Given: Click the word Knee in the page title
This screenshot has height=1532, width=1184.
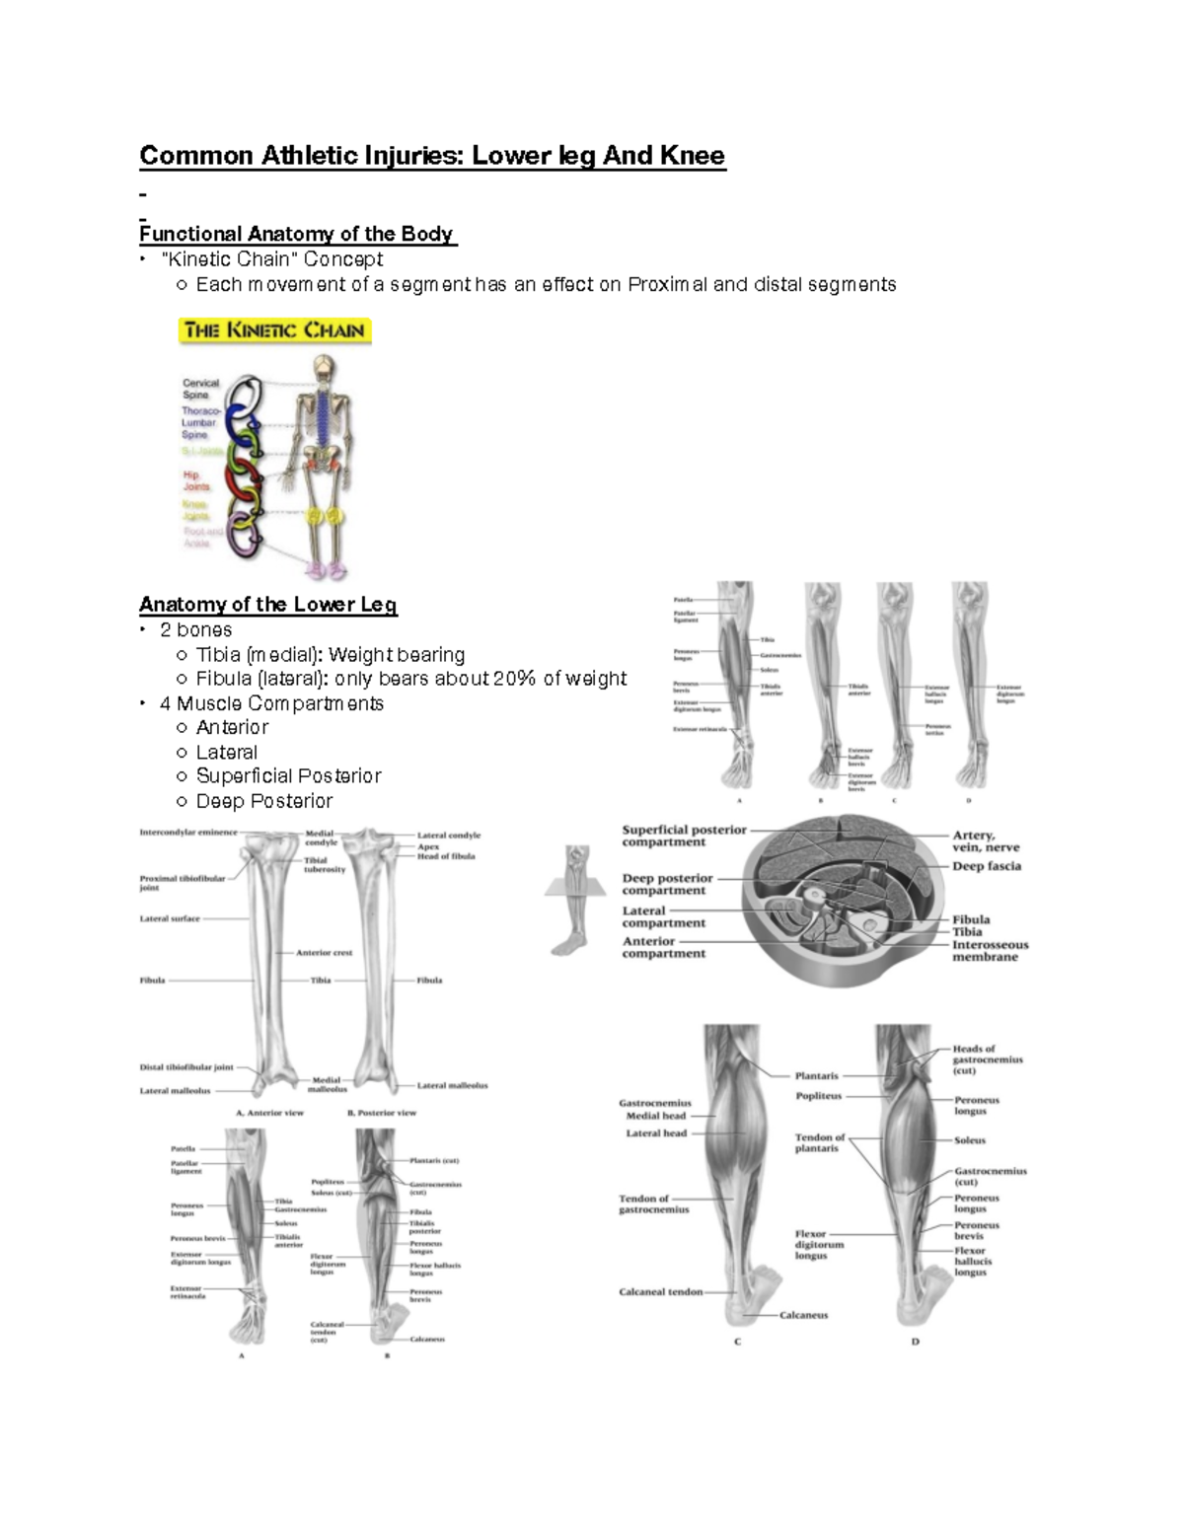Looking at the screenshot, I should (694, 156).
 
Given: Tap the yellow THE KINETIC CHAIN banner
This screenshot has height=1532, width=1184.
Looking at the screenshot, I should (274, 330).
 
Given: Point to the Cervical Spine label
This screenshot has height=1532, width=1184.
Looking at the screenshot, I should (200, 389).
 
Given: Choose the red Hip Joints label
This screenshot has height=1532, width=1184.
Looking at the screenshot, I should (195, 480).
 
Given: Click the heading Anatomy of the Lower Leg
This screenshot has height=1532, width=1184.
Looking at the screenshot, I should (267, 604).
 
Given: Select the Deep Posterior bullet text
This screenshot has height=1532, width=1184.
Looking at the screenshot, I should (263, 801).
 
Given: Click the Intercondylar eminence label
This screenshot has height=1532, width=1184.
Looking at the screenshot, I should (188, 833).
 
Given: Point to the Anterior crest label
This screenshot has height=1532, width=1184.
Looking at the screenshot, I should (324, 953).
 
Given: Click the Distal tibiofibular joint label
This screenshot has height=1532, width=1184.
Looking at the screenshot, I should (186, 1067).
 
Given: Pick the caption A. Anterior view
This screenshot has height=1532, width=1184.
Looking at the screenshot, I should (269, 1113).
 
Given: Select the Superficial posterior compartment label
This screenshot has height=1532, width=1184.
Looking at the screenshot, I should (684, 836).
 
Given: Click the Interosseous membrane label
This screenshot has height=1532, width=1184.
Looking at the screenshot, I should (990, 950).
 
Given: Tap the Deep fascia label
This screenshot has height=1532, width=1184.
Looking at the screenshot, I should (987, 866).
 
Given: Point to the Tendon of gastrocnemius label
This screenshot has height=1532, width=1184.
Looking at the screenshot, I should (653, 1204).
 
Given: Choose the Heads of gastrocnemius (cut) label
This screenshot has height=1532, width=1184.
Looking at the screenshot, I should (987, 1059).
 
